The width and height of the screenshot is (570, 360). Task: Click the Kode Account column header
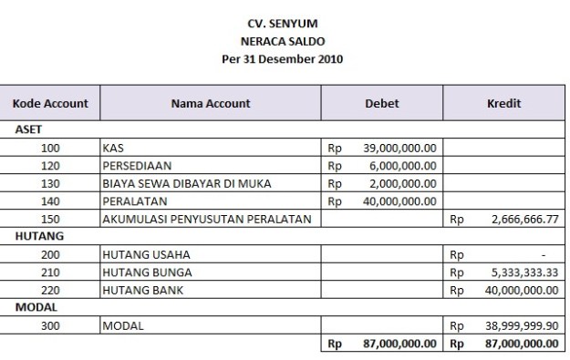point(50,104)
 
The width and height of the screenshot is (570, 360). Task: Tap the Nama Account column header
point(211,104)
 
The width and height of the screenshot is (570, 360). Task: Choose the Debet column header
point(381,104)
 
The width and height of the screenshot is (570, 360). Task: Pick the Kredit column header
point(503,104)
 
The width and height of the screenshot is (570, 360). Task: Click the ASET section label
point(30,129)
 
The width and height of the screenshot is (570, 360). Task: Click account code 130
point(52,183)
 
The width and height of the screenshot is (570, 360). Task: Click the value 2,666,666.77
point(523,219)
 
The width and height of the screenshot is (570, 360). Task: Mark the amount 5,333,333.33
point(523,272)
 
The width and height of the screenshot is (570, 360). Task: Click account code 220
point(52,290)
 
